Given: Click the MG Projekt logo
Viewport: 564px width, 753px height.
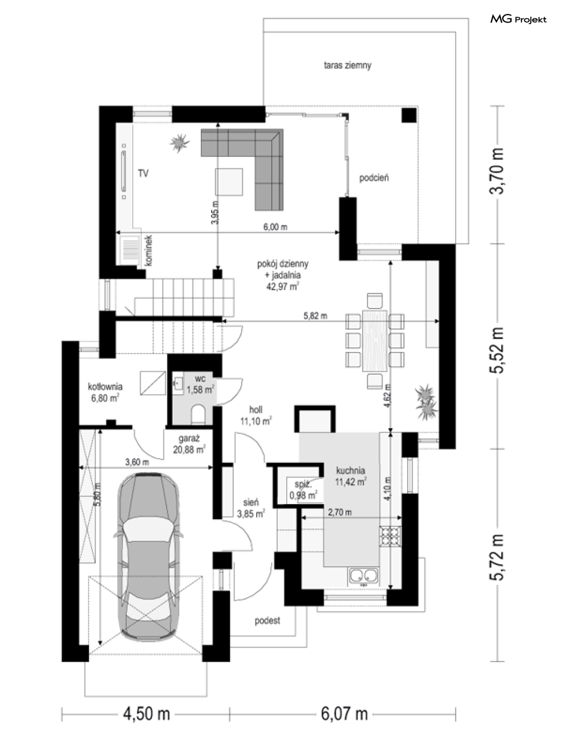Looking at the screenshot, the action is (x=518, y=19).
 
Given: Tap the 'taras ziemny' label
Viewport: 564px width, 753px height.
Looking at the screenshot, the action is (x=348, y=65).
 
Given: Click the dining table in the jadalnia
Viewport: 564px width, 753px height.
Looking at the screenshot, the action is (x=375, y=340).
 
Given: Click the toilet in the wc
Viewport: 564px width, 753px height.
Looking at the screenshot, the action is (x=198, y=414).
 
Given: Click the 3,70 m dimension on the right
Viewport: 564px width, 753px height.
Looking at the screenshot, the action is (x=497, y=171).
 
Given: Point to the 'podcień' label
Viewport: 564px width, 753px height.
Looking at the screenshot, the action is (x=374, y=178).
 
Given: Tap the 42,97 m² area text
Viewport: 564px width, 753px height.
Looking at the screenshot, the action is (x=283, y=286).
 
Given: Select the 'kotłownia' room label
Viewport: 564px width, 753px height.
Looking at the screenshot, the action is (x=105, y=386).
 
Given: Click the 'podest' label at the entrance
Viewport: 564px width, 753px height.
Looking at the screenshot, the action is (x=267, y=620).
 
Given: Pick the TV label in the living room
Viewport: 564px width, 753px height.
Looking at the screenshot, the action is (x=143, y=174).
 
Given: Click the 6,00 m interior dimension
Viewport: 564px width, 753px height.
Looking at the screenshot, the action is (x=276, y=227).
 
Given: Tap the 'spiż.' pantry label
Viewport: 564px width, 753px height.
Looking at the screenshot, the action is (x=303, y=485).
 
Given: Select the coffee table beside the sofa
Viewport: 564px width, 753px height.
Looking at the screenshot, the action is (x=229, y=182).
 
